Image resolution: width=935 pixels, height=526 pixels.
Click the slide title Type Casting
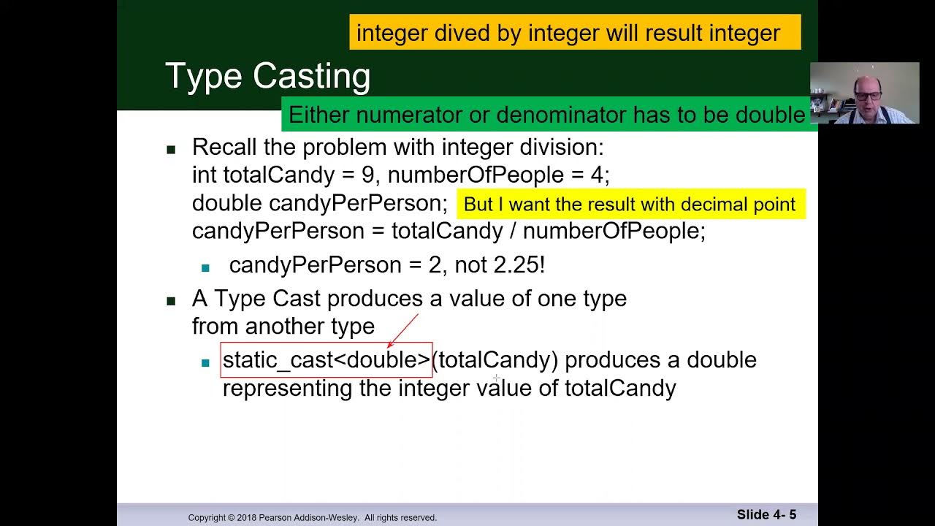pyautogui.click(x=267, y=77)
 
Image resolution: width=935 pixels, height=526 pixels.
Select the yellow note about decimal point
pyautogui.click(x=630, y=205)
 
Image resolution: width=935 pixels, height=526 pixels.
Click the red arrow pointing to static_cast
pyautogui.click(x=402, y=329)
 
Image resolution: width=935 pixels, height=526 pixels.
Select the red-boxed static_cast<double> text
pyautogui.click(x=327, y=360)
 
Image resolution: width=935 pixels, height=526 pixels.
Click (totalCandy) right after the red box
pyautogui.click(x=495, y=360)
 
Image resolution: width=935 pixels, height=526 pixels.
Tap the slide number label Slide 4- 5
pyautogui.click(x=766, y=514)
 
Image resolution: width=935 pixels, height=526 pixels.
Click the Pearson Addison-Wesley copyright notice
pyautogui.click(x=312, y=517)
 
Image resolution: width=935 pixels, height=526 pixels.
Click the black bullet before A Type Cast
pyautogui.click(x=171, y=300)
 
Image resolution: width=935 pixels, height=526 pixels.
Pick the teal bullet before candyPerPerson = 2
pyautogui.click(x=205, y=267)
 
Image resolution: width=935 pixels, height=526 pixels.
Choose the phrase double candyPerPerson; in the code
pyautogui.click(x=319, y=203)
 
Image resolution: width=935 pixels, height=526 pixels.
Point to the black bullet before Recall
pyautogui.click(x=171, y=149)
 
